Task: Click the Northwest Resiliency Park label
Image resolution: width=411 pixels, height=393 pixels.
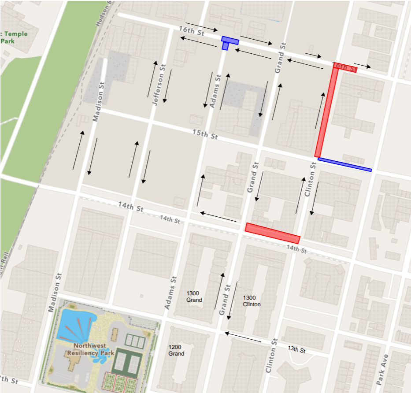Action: click(x=91, y=349)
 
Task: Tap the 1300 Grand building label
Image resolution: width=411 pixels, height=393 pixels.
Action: click(x=194, y=297)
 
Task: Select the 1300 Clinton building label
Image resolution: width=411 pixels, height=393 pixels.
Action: click(x=252, y=301)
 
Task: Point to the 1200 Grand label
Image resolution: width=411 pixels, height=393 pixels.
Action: click(x=176, y=350)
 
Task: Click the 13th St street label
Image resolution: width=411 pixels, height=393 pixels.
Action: click(x=296, y=349)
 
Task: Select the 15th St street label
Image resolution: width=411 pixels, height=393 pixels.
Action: click(x=205, y=134)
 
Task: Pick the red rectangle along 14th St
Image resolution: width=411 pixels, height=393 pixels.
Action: click(x=272, y=234)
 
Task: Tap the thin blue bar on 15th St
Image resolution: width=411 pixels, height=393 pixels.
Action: click(x=344, y=164)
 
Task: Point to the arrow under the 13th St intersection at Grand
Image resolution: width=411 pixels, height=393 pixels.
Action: click(x=242, y=337)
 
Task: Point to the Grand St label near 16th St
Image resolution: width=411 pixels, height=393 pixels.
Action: click(x=279, y=58)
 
